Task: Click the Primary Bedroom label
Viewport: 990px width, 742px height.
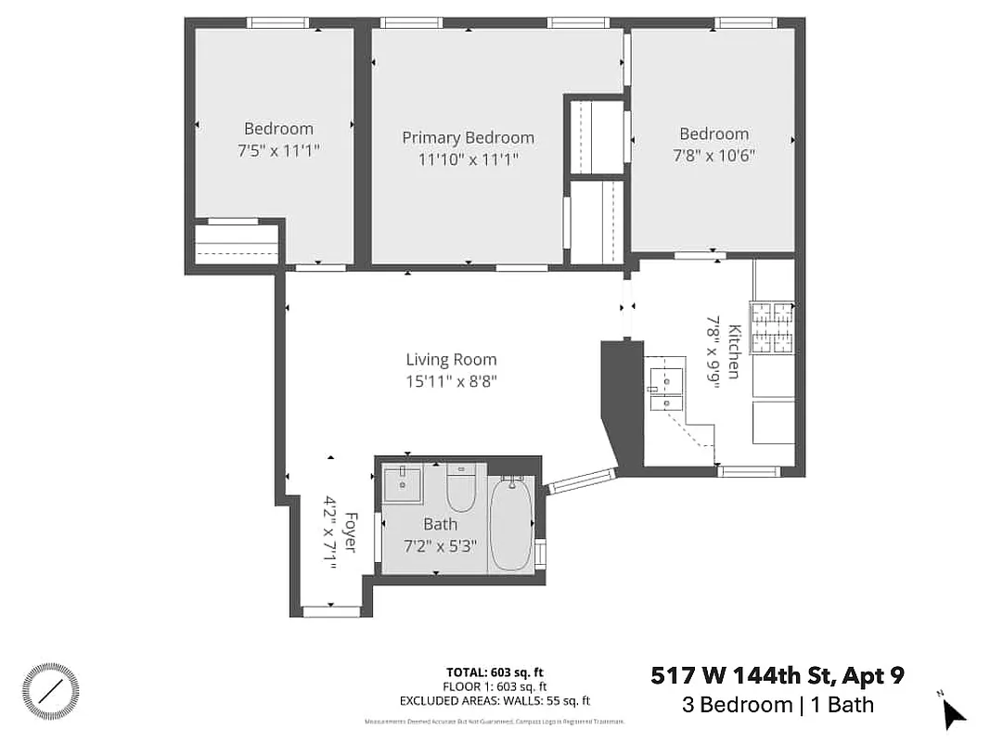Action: point(468,137)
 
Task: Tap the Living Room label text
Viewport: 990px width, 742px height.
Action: point(451,360)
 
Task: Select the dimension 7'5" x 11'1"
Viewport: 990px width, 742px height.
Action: point(278,150)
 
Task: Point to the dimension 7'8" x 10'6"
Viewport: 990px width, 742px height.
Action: point(713,155)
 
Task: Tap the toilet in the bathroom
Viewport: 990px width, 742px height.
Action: point(461,486)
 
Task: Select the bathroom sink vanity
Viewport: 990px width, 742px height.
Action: point(403,482)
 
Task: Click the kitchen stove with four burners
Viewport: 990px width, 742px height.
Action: point(772,328)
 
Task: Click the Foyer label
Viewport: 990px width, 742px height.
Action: point(350,531)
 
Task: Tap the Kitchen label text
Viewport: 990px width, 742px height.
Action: point(733,351)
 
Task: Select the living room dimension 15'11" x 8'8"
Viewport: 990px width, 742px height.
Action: point(451,381)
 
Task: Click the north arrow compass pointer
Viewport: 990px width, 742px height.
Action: point(954,713)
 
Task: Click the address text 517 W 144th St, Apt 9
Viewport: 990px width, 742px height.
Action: point(778,675)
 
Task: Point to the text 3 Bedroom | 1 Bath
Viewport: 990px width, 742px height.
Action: point(778,704)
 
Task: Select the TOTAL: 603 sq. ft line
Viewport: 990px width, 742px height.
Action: point(495,672)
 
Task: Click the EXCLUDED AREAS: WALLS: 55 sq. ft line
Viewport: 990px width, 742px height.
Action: point(495,701)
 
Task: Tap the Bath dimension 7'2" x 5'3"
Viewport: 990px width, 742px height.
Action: point(440,546)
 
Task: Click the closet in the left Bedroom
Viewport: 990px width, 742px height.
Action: point(236,244)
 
